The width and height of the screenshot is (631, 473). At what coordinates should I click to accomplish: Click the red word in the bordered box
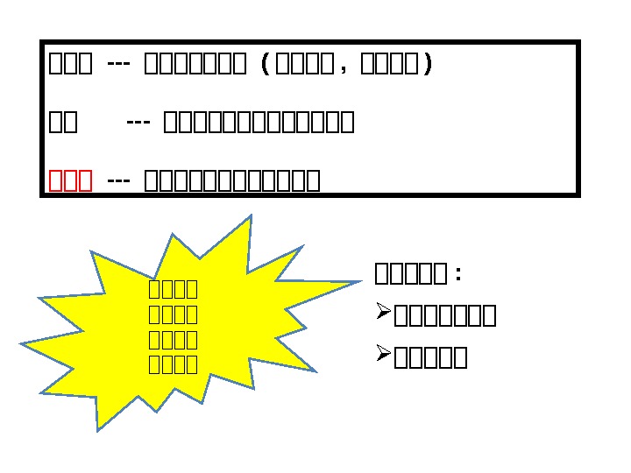[71, 180]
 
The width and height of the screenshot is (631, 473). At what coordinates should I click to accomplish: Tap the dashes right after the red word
[118, 180]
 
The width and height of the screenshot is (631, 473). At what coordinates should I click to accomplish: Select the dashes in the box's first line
[118, 65]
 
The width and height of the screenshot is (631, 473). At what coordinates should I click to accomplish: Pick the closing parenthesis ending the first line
[427, 66]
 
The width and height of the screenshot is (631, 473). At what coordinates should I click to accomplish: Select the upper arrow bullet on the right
[382, 313]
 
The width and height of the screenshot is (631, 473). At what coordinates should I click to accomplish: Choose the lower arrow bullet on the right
[382, 354]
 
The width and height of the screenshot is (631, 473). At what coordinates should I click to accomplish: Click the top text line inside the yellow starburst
[173, 289]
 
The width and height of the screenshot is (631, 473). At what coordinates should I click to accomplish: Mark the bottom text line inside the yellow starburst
[173, 364]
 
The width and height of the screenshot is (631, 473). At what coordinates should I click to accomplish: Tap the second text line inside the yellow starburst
[173, 314]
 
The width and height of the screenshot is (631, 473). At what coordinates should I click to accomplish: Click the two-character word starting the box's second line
[63, 123]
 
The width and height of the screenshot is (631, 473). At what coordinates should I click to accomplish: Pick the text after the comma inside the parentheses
[390, 66]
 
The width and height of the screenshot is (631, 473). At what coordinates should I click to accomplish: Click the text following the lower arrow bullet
[430, 357]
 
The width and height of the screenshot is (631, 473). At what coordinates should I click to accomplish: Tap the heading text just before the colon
[410, 274]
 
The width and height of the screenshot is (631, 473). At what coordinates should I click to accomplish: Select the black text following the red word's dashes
[231, 180]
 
